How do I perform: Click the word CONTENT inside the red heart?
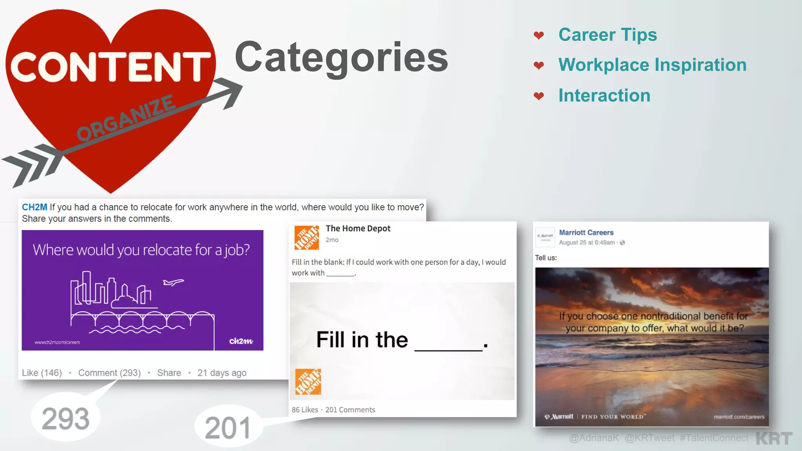tap(110, 67)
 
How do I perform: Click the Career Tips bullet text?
tap(607, 35)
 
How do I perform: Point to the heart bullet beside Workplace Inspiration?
tap(539, 65)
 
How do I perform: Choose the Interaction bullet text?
tap(604, 96)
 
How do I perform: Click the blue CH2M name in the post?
tap(34, 207)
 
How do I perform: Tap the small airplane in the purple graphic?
tap(173, 282)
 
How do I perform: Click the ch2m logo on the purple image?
tap(241, 341)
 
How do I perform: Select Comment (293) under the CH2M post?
tap(109, 373)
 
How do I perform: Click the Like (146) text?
tap(42, 373)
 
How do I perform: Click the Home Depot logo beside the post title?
tap(307, 238)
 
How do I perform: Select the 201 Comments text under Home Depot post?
tap(350, 410)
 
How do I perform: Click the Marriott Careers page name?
tap(586, 233)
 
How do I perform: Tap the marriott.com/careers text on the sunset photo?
tap(739, 417)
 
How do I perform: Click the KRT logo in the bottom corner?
tap(774, 438)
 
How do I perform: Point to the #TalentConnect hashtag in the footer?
tap(714, 438)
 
